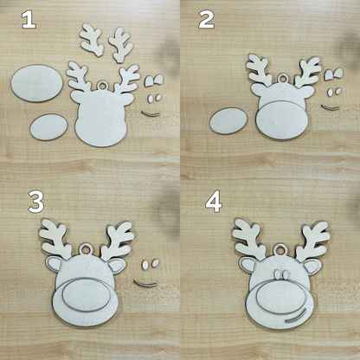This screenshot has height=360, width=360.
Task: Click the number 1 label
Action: (x=29, y=19)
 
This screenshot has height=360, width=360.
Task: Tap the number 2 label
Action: (x=206, y=19)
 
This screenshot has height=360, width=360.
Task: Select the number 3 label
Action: (x=35, y=202)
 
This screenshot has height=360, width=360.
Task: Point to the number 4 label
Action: (x=213, y=202)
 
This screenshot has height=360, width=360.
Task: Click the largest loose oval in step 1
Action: (x=36, y=85)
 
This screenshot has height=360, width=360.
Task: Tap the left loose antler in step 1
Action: (x=91, y=37)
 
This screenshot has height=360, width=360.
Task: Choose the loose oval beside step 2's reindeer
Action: (x=228, y=119)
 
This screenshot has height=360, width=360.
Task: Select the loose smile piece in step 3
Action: (x=145, y=283)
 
